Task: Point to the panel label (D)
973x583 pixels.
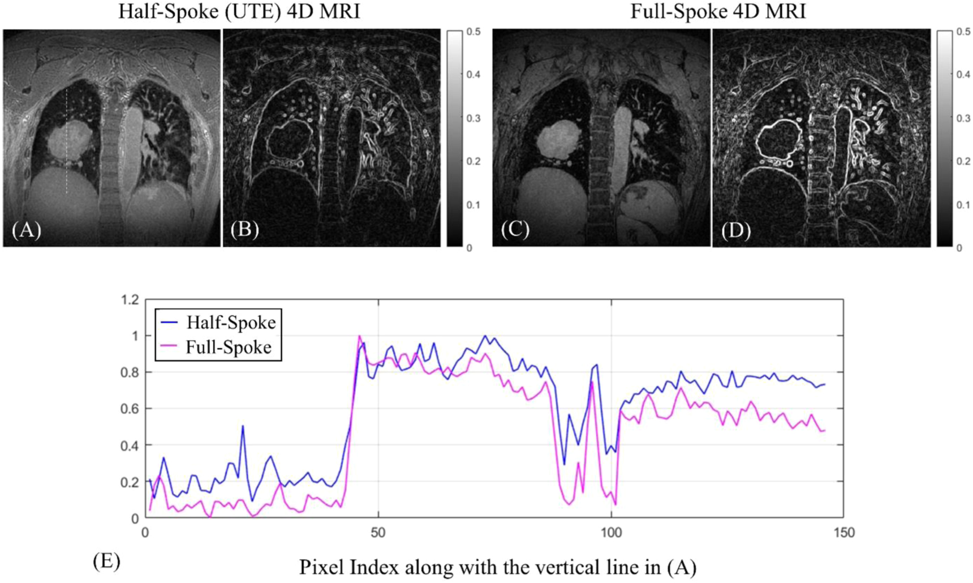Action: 735,230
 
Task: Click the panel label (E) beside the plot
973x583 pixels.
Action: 106,562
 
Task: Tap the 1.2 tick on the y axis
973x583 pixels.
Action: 130,300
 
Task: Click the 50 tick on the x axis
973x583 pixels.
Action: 378,533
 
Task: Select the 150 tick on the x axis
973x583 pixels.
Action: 843,533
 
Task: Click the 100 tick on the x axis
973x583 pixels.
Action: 611,533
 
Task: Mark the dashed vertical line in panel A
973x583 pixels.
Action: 67,141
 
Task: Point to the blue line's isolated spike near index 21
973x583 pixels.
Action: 243,426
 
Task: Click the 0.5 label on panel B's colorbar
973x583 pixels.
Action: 474,32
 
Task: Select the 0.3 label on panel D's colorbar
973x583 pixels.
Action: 963,118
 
